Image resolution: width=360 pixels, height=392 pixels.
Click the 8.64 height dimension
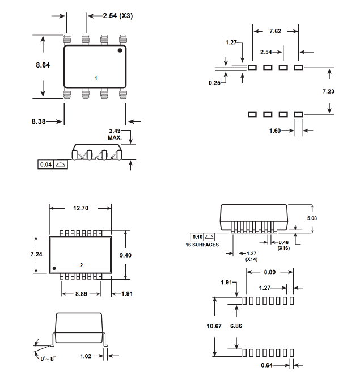click(43, 65)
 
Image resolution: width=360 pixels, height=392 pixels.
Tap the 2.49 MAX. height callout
click(116, 134)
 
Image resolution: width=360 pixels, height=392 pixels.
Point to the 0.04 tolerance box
click(45, 165)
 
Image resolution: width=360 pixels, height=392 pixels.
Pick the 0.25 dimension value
click(214, 83)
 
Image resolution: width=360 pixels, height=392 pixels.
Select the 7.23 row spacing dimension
click(328, 91)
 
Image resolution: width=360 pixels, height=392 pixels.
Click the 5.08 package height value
click(320, 217)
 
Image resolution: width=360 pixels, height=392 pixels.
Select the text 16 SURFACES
click(204, 245)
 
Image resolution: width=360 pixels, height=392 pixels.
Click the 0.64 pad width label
click(268, 365)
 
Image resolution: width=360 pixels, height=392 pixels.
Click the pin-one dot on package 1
click(120, 51)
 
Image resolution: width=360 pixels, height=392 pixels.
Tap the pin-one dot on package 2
click(54, 268)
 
